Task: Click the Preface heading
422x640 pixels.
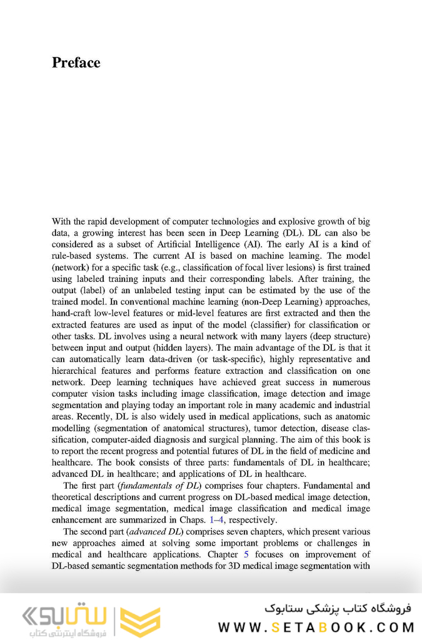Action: (76, 63)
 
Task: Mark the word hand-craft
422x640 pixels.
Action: (74, 313)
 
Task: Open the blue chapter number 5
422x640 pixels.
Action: (247, 554)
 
